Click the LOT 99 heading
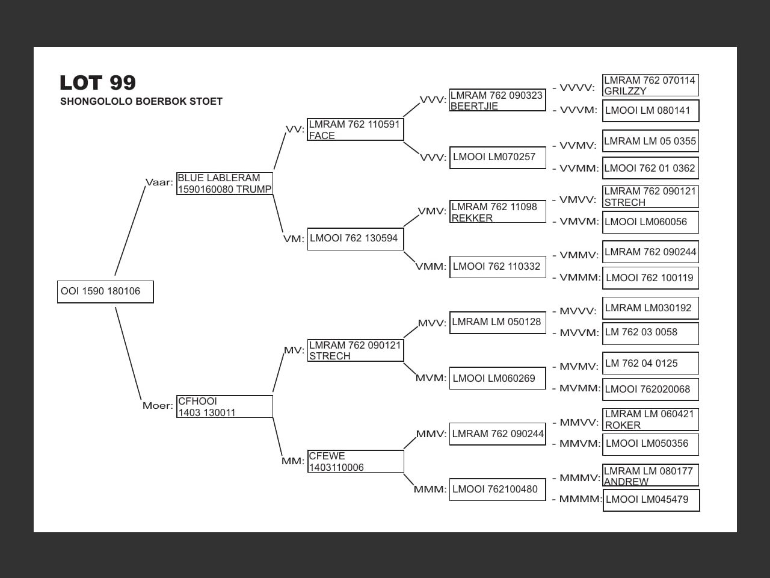(97, 82)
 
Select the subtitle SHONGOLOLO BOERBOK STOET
(141, 102)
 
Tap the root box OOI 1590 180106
(105, 292)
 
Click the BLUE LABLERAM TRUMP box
(224, 184)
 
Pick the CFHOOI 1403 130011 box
(224, 406)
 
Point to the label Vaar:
(159, 182)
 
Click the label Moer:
(158, 406)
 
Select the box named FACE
(355, 130)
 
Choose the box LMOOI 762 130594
(355, 239)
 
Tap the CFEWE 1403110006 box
(355, 462)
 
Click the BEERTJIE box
(497, 101)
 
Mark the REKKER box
(497, 212)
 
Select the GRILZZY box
(650, 85)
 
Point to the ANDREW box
(650, 476)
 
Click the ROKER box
(650, 420)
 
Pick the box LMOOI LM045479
(651, 500)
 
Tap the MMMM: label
(580, 499)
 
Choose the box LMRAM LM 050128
(497, 323)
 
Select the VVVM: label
(578, 110)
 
